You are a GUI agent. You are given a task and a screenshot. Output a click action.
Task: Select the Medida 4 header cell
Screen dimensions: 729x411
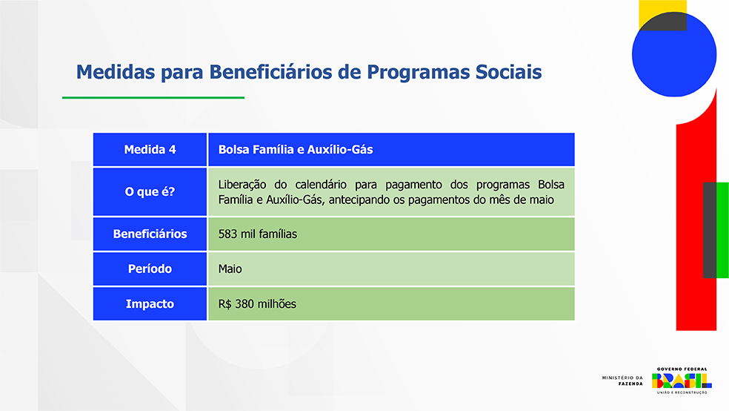point(150,149)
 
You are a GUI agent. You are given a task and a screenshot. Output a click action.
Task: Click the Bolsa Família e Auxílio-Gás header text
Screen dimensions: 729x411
point(295,149)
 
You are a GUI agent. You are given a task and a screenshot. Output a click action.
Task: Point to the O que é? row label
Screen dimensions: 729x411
point(150,191)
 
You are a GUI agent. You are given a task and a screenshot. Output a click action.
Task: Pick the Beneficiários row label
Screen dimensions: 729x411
point(150,234)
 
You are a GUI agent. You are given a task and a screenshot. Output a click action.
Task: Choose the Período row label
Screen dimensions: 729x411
point(150,269)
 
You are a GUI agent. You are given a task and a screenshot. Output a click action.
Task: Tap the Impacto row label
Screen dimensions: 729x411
point(150,304)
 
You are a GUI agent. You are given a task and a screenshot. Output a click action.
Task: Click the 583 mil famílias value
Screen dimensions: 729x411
point(258,234)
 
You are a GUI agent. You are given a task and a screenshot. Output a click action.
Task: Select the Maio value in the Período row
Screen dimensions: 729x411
point(230,269)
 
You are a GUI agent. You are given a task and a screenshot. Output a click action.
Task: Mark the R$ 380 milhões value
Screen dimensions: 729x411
point(257,304)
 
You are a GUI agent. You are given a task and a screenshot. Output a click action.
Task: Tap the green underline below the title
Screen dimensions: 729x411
point(153,98)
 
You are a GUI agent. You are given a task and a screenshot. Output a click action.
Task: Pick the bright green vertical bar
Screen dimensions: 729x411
point(722,230)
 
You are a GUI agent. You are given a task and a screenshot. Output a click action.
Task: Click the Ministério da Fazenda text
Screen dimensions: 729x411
point(622,381)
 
